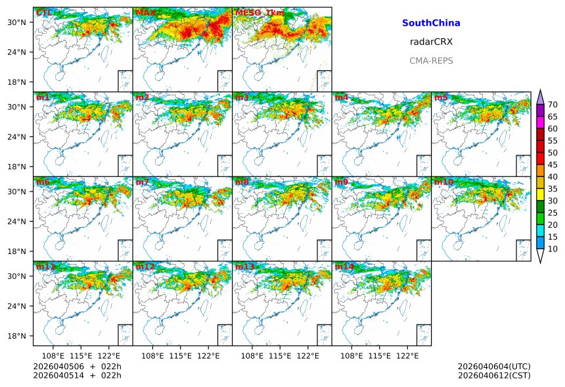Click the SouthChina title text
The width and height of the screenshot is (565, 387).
(431, 23)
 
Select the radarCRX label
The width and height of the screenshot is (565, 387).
(431, 41)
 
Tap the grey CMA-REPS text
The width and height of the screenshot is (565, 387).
(431, 61)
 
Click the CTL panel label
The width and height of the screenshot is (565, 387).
(44, 13)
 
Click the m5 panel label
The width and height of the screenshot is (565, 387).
(440, 97)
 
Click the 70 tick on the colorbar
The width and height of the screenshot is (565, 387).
(553, 104)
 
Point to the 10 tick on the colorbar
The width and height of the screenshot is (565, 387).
(553, 249)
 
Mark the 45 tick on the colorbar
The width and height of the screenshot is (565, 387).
(553, 165)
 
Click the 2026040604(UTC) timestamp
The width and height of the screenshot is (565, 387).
(494, 366)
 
